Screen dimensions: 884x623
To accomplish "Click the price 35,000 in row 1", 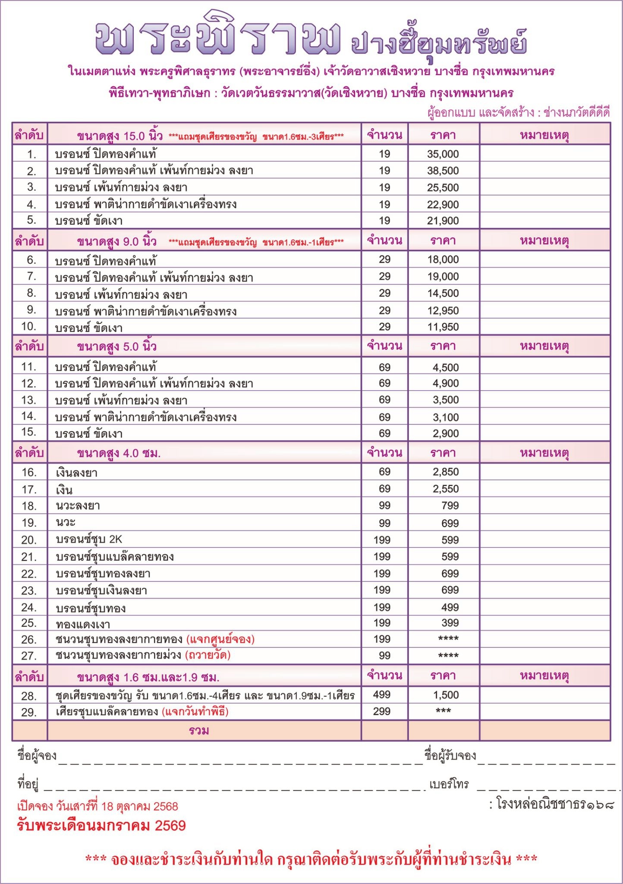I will [x=443, y=154].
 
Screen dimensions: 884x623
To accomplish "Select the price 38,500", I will [x=443, y=171].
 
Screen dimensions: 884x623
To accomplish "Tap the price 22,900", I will [x=443, y=205].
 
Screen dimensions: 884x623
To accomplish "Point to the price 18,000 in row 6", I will [x=443, y=260].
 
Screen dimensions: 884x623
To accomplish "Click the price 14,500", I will [x=443, y=294].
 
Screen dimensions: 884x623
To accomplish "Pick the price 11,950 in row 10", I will [x=443, y=327].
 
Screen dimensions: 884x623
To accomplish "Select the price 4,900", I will [x=446, y=383].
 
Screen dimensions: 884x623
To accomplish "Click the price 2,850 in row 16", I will [x=446, y=472].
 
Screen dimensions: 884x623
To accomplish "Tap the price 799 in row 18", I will [x=450, y=506].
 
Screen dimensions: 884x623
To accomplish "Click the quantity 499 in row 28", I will [x=382, y=695].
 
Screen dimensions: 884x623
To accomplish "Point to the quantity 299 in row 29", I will [x=382, y=711].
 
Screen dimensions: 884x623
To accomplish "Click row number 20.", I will [x=29, y=540].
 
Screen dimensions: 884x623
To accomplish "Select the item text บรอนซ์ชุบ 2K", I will [x=89, y=540].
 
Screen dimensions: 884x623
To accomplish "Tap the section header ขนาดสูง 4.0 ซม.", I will [x=119, y=453].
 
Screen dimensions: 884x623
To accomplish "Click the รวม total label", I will [x=199, y=731].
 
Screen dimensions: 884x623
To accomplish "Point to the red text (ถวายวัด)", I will [x=208, y=655].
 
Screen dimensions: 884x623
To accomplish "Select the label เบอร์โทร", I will [x=449, y=783].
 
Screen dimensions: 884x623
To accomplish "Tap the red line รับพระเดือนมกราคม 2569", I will [x=101, y=826].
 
